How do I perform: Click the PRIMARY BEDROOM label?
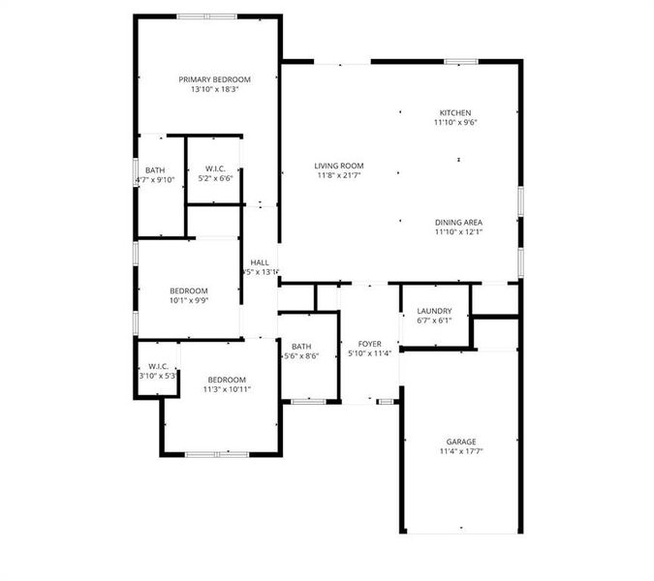coord(214,78)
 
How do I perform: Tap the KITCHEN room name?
coord(454,112)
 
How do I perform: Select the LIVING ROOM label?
coord(339,166)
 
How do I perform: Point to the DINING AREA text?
coord(457,222)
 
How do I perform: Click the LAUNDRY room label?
coord(434,310)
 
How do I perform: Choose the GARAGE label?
coord(460,442)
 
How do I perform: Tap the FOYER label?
coord(369,344)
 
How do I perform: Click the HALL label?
coord(260,262)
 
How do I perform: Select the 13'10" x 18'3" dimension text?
coord(214,89)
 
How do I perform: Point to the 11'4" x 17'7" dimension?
coord(460,451)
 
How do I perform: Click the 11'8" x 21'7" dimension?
coord(339,175)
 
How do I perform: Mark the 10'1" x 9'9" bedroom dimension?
coord(189,300)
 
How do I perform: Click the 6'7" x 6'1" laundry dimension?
coord(434,320)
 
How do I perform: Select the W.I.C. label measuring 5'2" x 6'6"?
coord(215,168)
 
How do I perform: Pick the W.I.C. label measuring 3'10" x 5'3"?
coord(159,366)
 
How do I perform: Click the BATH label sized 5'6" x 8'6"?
coord(301,347)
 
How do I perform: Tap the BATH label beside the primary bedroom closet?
coord(155,169)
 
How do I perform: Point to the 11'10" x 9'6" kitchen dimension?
coord(454,122)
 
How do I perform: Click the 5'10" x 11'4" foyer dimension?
coord(369,353)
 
